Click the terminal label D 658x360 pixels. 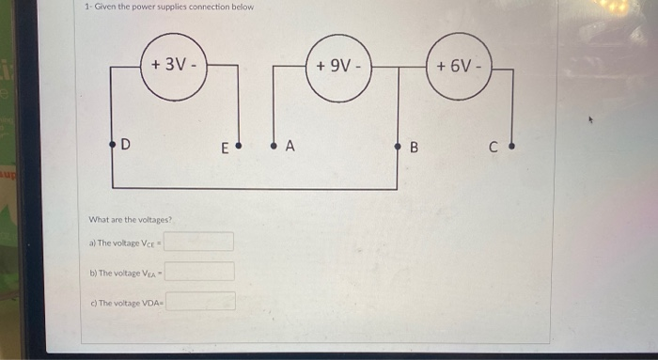point(125,146)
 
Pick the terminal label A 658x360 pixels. point(290,147)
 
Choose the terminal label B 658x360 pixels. point(414,148)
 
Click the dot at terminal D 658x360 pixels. point(112,146)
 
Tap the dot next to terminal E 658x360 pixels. point(238,147)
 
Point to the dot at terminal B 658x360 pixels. point(398,147)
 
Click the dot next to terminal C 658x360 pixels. point(512,147)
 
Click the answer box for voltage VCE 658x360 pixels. point(200,242)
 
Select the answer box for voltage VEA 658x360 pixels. point(200,272)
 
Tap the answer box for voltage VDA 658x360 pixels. point(202,302)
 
